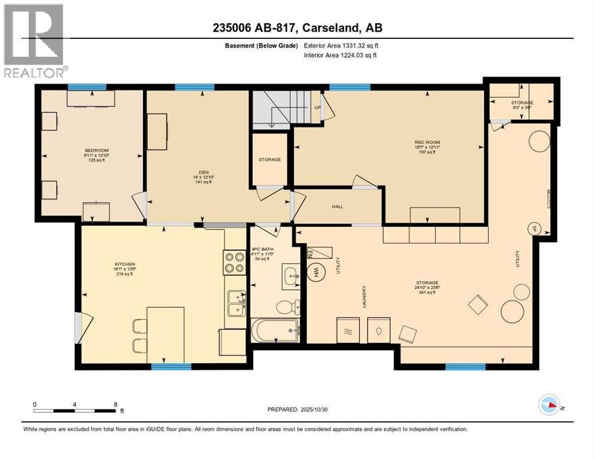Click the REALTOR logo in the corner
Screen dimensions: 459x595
(34, 41)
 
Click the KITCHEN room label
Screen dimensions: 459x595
(125, 264)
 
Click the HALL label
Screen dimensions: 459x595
(338, 207)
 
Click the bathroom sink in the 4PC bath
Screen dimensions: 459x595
(291, 276)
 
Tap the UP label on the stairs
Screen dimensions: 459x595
(317, 108)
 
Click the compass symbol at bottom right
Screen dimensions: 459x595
(551, 406)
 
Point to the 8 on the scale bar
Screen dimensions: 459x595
(115, 405)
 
